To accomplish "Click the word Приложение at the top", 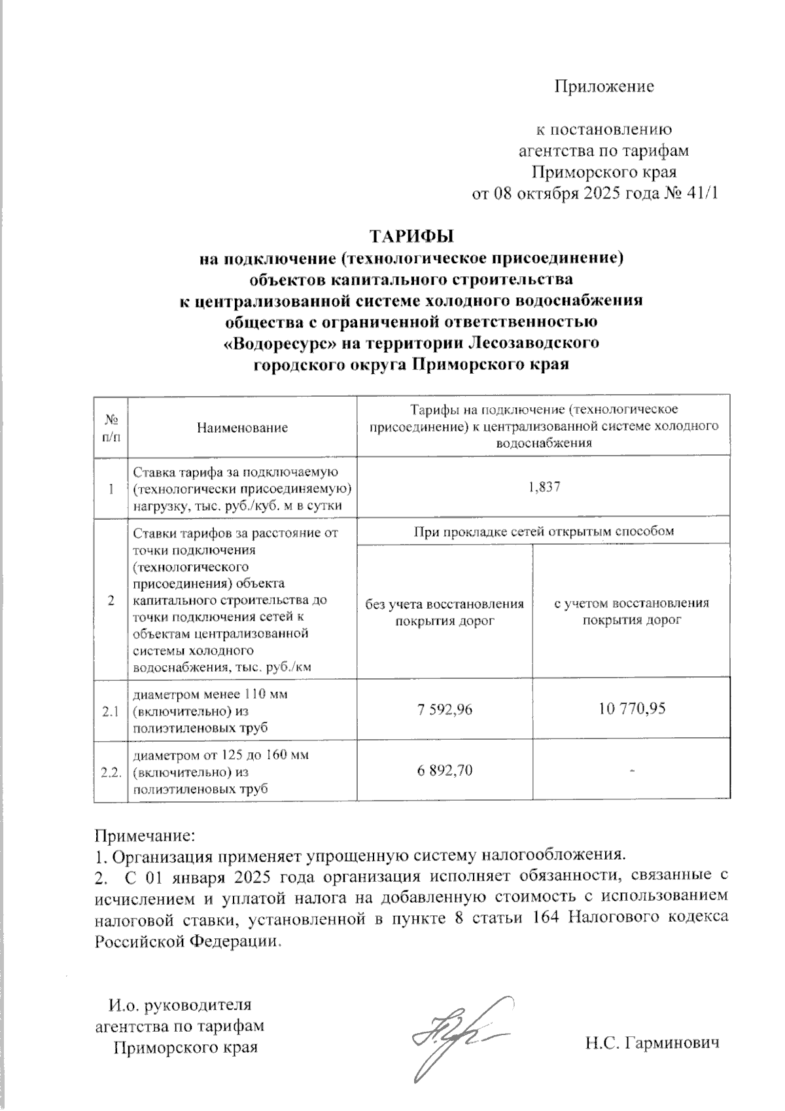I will click(x=604, y=86).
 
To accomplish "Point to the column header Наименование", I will click(x=242, y=428).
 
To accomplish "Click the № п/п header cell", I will click(x=111, y=426).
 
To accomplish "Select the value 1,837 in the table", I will click(x=544, y=488).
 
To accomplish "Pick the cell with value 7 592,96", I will click(x=445, y=708).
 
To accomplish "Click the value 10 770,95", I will click(x=631, y=708).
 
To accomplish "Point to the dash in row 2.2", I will click(x=632, y=771).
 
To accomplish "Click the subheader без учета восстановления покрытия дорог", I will click(x=445, y=611).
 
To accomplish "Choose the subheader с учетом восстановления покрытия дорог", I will click(x=631, y=611).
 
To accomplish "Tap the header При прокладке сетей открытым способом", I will click(x=544, y=532).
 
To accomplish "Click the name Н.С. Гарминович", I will click(x=652, y=1042).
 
